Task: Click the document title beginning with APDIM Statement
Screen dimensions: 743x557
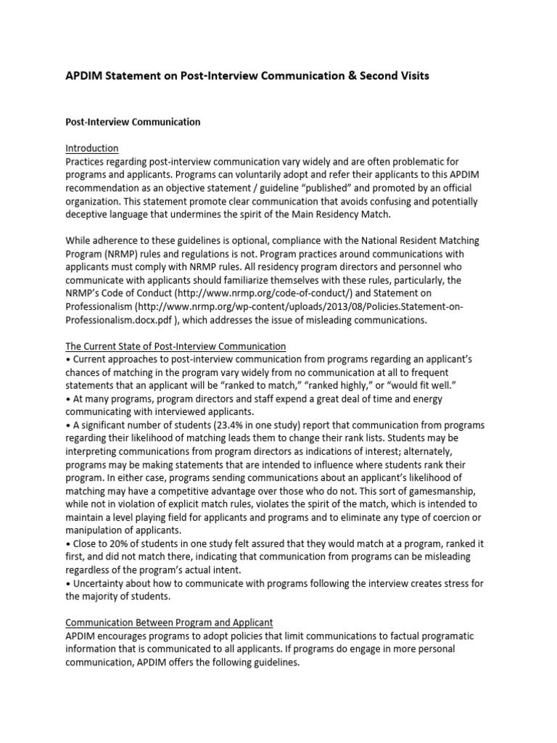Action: pos(247,75)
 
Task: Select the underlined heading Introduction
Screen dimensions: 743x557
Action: pos(92,148)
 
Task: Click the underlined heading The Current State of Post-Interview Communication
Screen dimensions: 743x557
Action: pos(176,346)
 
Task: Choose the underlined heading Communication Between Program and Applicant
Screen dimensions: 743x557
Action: pos(169,623)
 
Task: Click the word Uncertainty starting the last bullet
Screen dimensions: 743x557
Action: pos(98,583)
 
